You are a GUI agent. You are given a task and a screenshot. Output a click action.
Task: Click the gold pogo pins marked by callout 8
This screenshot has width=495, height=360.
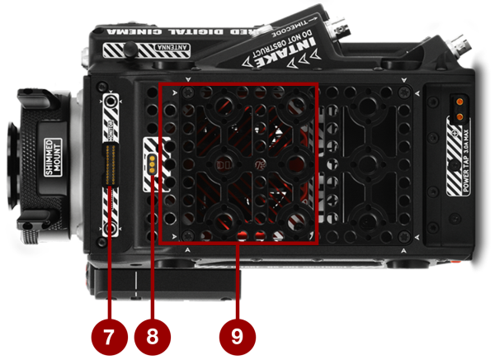point(152,161)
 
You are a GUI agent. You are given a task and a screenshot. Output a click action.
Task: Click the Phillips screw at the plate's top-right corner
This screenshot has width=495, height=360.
point(407,90)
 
